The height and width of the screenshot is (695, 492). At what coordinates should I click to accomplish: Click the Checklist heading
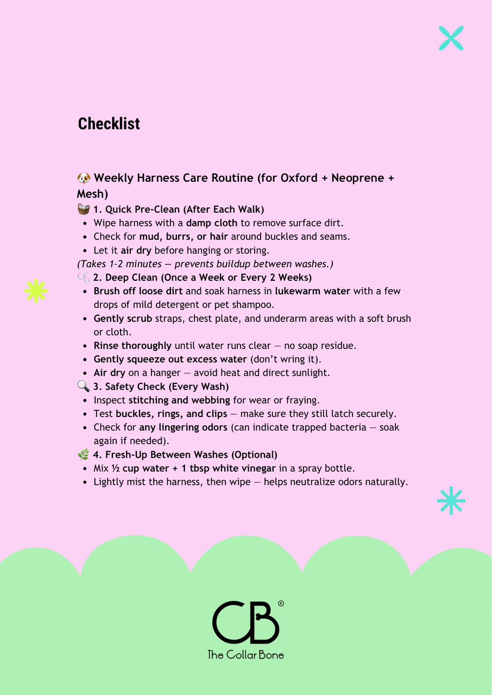click(x=109, y=124)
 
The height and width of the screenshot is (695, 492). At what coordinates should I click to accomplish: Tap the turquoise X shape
click(x=451, y=38)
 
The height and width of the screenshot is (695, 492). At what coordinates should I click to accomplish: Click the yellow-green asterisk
click(x=36, y=290)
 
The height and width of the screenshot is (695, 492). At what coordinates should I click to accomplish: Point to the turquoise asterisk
click(x=451, y=501)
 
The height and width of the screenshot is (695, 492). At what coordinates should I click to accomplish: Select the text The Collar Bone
click(x=245, y=654)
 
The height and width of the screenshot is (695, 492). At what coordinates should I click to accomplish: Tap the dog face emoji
click(x=84, y=178)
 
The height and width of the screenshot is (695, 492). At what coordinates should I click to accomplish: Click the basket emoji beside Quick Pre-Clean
click(x=84, y=210)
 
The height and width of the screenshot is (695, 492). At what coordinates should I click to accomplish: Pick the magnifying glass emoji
click(x=84, y=387)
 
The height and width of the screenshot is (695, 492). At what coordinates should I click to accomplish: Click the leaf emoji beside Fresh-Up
click(x=84, y=454)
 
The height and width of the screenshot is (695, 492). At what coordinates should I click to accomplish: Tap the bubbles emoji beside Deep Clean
click(x=84, y=277)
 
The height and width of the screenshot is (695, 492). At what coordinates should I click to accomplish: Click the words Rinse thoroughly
click(x=133, y=346)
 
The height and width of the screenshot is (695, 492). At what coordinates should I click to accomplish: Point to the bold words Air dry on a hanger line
click(x=109, y=373)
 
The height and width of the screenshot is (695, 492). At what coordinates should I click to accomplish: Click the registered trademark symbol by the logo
click(x=281, y=603)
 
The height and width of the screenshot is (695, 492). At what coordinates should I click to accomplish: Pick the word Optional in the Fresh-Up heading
click(x=255, y=454)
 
